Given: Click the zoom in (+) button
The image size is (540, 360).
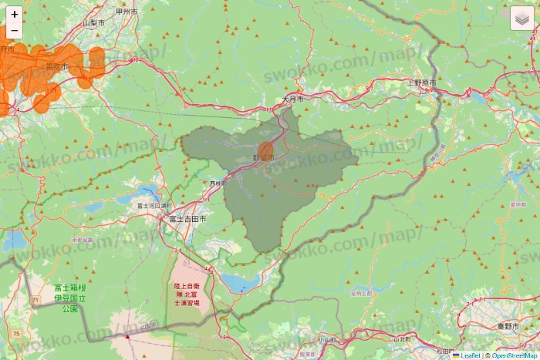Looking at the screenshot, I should click(x=14, y=14).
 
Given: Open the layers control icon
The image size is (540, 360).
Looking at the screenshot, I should click(x=522, y=18).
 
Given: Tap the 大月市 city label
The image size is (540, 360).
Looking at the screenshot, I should click(x=292, y=100).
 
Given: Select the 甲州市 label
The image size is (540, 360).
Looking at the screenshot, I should click(x=126, y=12).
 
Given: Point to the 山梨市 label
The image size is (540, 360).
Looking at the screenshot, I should click(x=94, y=23).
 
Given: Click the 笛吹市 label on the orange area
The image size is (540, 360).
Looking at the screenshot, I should click(x=56, y=67).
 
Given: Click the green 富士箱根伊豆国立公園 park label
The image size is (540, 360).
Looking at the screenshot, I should click(x=70, y=298).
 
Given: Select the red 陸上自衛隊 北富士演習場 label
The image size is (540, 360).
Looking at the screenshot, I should click(x=187, y=294).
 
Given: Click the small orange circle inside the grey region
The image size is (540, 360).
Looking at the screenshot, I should click(x=266, y=150).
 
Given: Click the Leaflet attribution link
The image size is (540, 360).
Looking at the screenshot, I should click(x=469, y=355).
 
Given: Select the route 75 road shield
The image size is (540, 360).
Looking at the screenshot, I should click(x=16, y=333).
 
